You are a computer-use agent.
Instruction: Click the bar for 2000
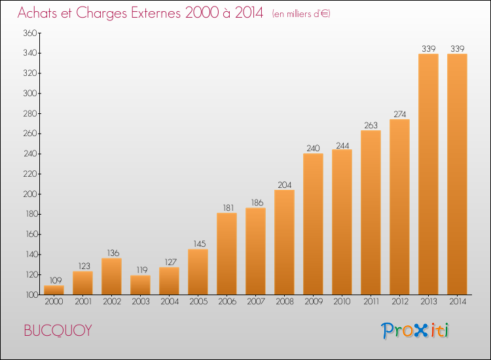pos(54,290)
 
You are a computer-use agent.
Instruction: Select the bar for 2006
pos(227,253)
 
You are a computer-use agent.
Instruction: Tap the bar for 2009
pos(313,224)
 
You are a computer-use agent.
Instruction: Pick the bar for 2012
pos(399,207)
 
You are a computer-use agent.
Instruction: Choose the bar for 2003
pos(140,285)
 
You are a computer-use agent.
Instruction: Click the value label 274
pos(400,115)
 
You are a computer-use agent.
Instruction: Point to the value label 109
pos(56,280)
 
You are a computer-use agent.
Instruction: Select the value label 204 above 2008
pos(285,185)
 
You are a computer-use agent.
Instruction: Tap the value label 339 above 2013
pos(429,48)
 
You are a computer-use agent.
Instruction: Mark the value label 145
pos(200,244)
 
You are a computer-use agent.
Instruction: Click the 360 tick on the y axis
pos(30,33)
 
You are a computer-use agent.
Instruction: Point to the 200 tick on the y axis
pos(30,194)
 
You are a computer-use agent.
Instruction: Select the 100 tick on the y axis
pos(31,295)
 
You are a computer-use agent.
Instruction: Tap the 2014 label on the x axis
pos(458,302)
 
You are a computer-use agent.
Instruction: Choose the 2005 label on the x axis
pos(198,302)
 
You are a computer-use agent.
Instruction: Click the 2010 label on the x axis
pos(342,302)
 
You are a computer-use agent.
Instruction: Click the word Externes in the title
pos(156,13)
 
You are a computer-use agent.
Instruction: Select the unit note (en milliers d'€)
pos(301,14)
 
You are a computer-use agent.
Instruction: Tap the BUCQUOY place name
pos(58,331)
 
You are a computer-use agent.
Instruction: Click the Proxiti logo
pos(415,331)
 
